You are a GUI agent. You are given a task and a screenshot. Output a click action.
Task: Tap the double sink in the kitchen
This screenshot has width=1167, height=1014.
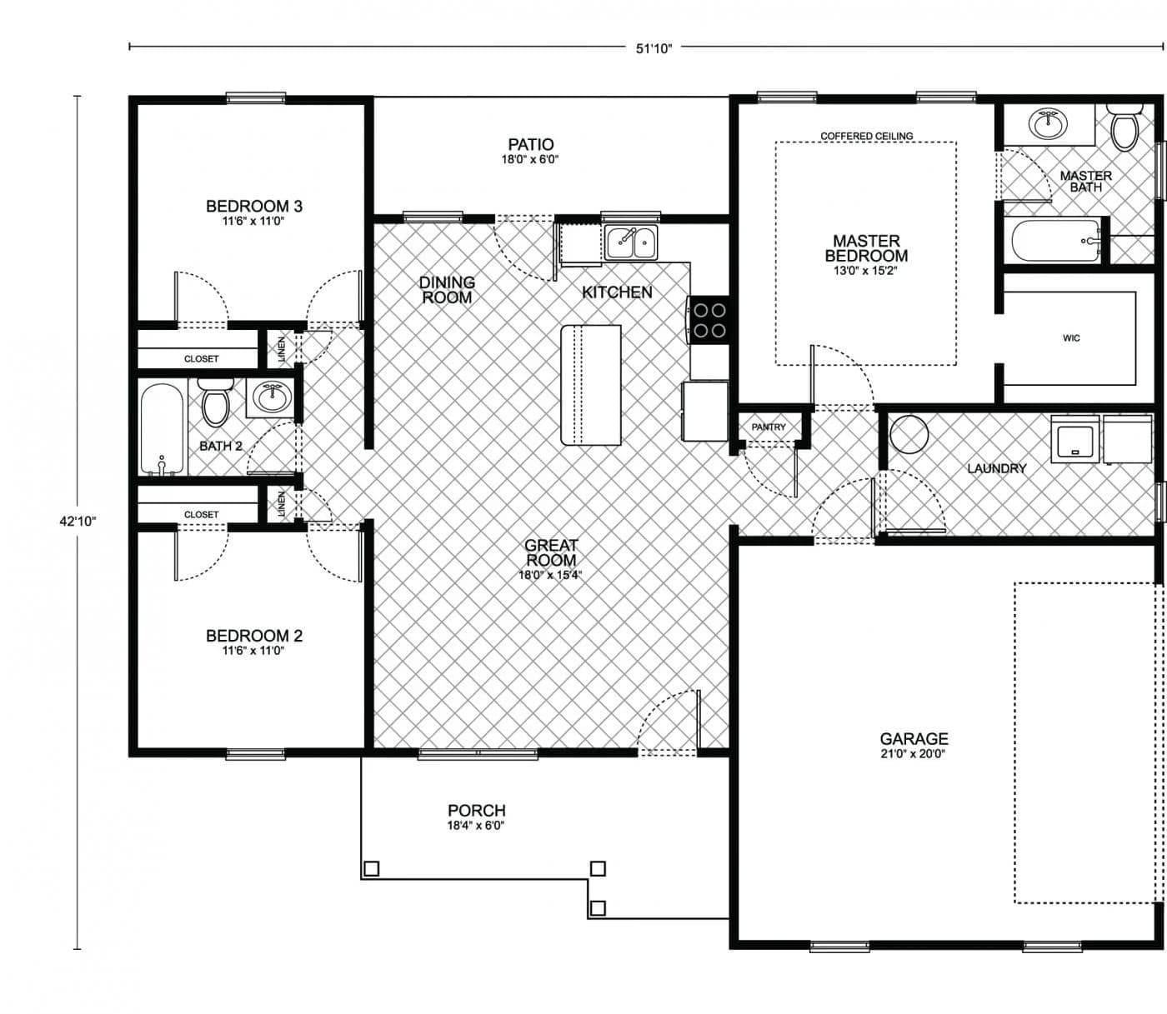[631, 242]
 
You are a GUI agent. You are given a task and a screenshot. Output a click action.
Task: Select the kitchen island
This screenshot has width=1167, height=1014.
[591, 385]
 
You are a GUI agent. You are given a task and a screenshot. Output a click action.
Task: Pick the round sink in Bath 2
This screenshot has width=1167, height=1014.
[269, 397]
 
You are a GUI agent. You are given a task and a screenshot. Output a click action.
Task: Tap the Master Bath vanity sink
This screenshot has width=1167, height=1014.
[1047, 125]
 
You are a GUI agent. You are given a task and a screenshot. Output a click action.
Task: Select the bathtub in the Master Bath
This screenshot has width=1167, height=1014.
[1056, 241]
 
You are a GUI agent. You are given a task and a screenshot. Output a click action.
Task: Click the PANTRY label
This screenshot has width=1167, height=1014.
[768, 427]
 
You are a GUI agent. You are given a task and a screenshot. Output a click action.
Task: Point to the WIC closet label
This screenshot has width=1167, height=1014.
[1071, 337]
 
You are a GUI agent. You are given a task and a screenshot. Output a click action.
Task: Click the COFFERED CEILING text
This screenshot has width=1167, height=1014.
[866, 136]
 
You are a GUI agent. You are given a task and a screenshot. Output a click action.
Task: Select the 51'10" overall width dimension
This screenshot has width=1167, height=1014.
[654, 47]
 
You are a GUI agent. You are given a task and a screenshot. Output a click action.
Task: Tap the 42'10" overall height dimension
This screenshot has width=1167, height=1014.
[78, 522]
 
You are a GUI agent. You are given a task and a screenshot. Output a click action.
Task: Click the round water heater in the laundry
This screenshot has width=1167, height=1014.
[909, 434]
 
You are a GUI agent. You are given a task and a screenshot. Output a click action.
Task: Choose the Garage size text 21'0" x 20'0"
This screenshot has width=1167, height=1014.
[914, 754]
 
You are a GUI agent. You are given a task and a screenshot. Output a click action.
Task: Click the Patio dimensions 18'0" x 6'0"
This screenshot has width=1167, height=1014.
[530, 159]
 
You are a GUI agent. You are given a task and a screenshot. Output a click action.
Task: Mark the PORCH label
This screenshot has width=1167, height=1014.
[476, 810]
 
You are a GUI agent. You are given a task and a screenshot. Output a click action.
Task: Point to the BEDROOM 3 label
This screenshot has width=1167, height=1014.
[253, 206]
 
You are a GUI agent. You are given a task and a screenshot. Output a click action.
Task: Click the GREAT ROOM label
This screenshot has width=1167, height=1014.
[551, 552]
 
